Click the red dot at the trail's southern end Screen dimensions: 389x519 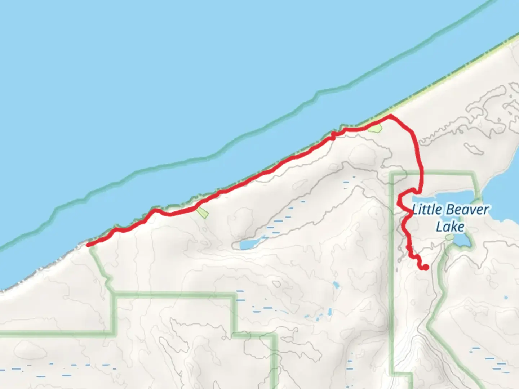click(x=425, y=267)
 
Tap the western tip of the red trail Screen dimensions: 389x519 click(x=88, y=245)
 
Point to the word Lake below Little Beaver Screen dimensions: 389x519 click(x=450, y=227)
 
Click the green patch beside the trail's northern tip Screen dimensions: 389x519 click(x=375, y=128)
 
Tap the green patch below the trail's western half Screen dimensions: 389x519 click(x=203, y=213)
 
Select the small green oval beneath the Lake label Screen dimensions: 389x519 click(x=449, y=237)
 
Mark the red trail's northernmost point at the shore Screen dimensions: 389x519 click(x=390, y=116)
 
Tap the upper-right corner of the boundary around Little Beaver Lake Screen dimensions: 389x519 click(x=474, y=174)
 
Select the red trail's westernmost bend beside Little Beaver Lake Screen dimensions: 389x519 click(x=399, y=204)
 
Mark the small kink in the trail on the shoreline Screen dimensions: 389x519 click(x=333, y=135)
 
